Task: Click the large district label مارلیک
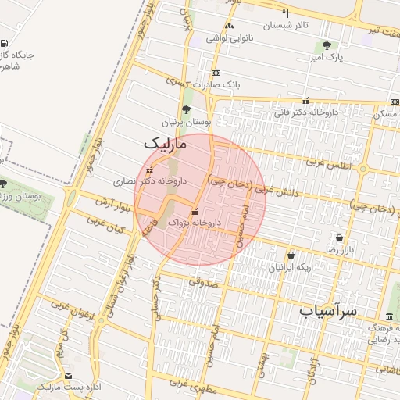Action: click(x=166, y=144)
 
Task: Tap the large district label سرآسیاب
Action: click(x=328, y=310)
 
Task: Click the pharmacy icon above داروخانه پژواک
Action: click(x=195, y=212)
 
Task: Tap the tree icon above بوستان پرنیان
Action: click(x=186, y=110)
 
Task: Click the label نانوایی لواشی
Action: click(x=227, y=37)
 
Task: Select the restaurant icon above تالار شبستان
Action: click(x=285, y=13)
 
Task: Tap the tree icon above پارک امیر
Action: click(x=326, y=46)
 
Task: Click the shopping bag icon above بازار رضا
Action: click(x=339, y=237)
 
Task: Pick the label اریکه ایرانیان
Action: click(x=293, y=267)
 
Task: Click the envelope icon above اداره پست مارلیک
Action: click(x=67, y=376)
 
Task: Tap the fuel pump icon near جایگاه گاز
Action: click(x=5, y=44)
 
